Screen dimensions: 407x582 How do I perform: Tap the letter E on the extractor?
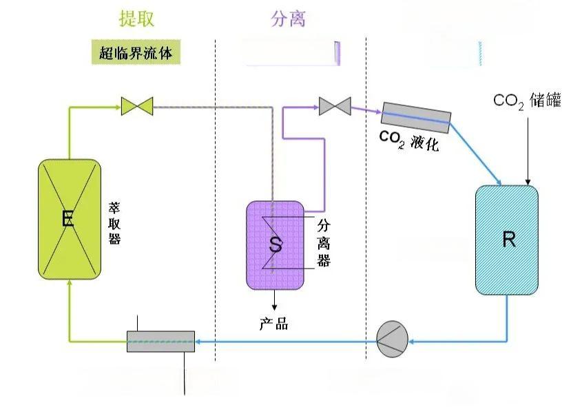67,220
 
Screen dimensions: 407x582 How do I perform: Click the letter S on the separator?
276,244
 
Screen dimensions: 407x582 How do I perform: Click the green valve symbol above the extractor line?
136,105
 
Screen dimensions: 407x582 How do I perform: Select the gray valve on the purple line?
335,107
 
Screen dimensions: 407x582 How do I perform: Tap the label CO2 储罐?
528,101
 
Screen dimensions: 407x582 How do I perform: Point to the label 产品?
274,324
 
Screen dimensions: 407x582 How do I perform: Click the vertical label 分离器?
324,242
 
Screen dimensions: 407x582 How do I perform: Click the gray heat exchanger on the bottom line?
160,341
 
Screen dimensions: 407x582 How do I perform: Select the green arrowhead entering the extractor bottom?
69,285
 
